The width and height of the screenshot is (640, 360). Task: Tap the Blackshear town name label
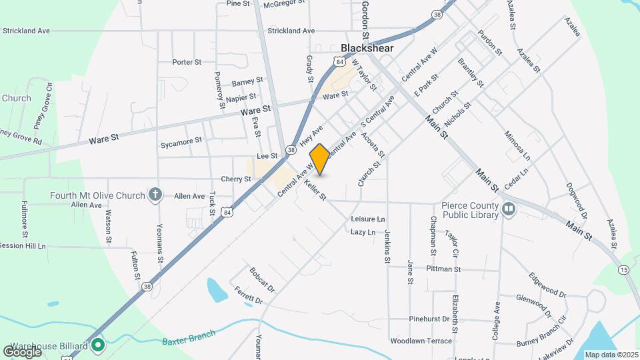(367, 48)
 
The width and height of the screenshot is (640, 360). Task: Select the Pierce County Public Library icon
(509, 209)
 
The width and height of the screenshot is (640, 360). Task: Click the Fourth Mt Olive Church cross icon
(155, 195)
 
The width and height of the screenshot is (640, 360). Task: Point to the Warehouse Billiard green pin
(98, 346)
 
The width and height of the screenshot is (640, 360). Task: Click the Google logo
(22, 351)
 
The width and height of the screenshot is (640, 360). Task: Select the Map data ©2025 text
(610, 355)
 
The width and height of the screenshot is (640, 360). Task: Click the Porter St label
(187, 62)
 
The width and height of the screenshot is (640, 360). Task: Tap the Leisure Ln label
(367, 219)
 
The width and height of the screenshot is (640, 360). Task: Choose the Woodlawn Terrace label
(421, 341)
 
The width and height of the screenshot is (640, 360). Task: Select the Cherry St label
(236, 179)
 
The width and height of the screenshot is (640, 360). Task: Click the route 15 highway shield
(623, 269)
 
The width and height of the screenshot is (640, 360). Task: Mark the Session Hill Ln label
(23, 245)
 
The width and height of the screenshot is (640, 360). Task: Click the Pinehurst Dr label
(431, 319)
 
